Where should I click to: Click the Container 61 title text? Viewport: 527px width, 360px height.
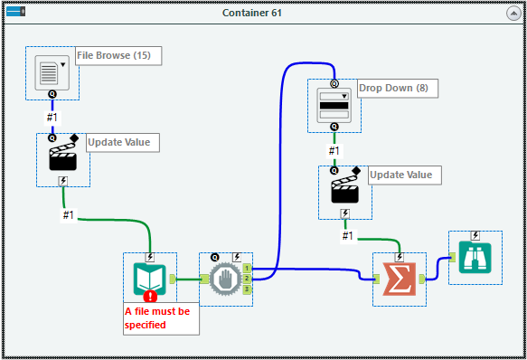[262, 12]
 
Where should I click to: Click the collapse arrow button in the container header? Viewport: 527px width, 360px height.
[513, 12]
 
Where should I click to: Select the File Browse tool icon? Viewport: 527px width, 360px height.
[52, 72]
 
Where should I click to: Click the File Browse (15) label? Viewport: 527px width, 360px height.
[113, 56]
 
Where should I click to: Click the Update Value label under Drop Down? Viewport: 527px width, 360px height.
[400, 175]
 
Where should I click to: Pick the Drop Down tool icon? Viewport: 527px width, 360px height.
[334, 105]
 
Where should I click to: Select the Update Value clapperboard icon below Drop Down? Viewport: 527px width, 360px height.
[344, 191]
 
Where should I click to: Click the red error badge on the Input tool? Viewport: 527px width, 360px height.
[149, 296]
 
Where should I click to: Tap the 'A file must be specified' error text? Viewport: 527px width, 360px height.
[159, 317]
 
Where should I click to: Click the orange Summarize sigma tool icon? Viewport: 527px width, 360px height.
[400, 279]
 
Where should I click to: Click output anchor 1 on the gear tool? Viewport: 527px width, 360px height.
[247, 269]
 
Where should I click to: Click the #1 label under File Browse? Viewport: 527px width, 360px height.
[52, 118]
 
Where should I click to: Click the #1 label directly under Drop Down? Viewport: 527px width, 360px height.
[334, 150]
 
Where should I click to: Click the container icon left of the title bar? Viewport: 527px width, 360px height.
[15, 12]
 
